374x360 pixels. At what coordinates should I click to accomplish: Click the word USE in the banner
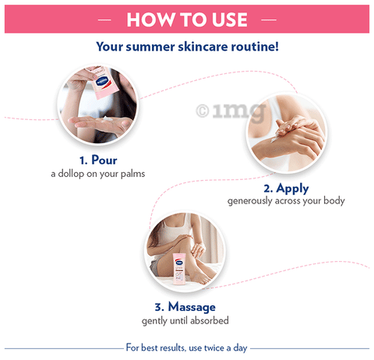point(230,19)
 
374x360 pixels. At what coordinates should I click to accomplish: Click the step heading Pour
point(104,160)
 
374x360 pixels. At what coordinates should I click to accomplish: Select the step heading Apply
point(292,189)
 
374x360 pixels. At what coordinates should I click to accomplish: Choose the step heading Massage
point(192,307)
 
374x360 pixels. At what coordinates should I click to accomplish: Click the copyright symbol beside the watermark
point(203,111)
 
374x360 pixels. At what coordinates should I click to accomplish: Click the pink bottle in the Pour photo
point(104,83)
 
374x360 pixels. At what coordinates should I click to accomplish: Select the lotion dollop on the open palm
point(108,119)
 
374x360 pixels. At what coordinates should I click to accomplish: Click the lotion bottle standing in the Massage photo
point(179,270)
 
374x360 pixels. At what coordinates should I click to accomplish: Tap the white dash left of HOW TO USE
point(104,19)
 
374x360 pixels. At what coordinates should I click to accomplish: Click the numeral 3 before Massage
point(157,308)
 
